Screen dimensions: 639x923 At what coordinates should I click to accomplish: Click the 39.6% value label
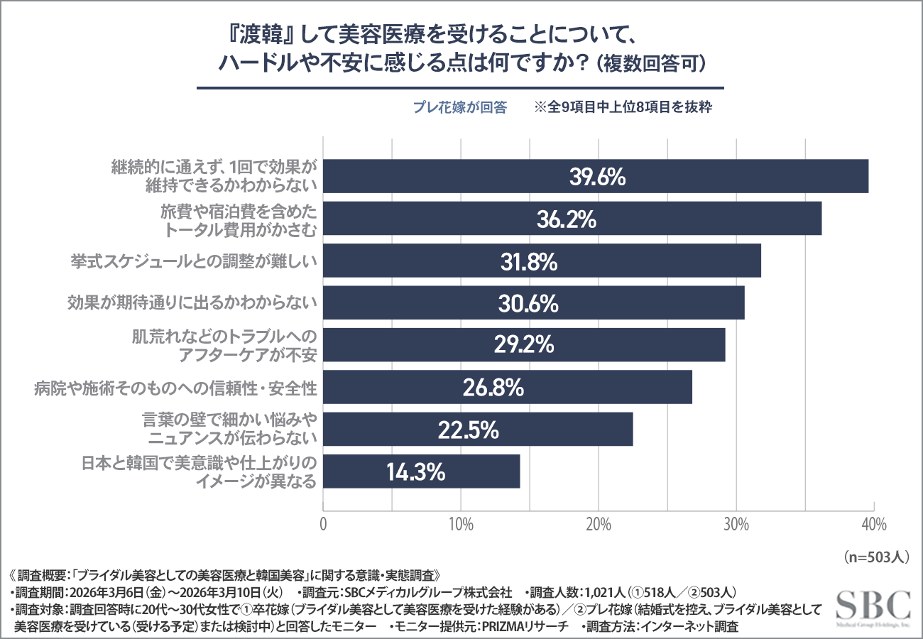[597, 177]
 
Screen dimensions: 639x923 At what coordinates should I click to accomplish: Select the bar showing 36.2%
[572, 219]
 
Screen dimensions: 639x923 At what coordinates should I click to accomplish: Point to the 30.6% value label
[529, 304]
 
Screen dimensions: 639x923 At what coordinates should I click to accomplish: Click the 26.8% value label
[493, 388]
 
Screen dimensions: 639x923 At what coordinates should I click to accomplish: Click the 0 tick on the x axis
[324, 525]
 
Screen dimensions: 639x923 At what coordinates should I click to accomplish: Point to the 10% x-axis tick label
[461, 525]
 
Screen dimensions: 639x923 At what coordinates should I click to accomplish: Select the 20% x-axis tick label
[599, 525]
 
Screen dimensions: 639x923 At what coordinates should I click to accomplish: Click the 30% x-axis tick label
[736, 525]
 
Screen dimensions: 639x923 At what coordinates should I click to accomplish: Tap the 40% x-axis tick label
[873, 525]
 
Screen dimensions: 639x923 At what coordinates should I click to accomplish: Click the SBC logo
[873, 608]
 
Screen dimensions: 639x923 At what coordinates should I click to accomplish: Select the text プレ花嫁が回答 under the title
[460, 108]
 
